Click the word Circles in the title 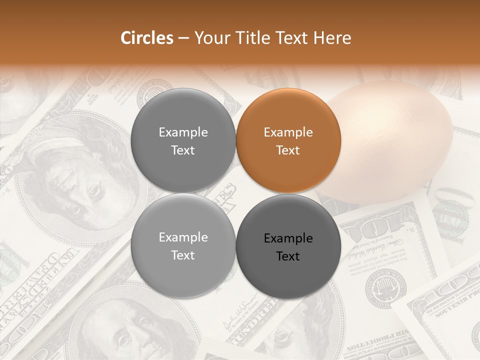click(147, 38)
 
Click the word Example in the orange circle click(288, 132)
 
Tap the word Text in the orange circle click(288, 150)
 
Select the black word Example click(288, 238)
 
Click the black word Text click(288, 256)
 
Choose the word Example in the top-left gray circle click(183, 132)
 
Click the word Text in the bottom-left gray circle click(183, 255)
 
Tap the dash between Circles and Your click(183, 38)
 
